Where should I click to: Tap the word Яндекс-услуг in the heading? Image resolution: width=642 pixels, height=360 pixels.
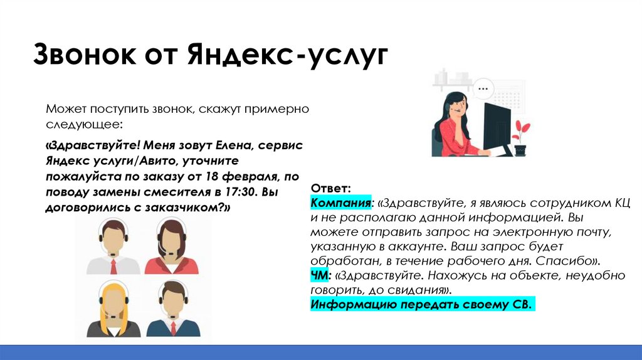(x=286, y=56)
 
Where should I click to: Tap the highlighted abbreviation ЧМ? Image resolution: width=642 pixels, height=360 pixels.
(x=319, y=275)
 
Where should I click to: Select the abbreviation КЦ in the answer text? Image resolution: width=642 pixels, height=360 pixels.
(x=620, y=203)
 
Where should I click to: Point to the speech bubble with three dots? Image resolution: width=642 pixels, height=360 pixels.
(x=483, y=89)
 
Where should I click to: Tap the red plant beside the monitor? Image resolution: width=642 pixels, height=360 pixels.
(x=520, y=135)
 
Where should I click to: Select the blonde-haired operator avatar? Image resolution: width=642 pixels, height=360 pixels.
(x=113, y=309)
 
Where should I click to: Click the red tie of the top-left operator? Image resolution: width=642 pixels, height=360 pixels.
(x=113, y=266)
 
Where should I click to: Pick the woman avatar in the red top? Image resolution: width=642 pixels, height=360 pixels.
(x=170, y=246)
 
